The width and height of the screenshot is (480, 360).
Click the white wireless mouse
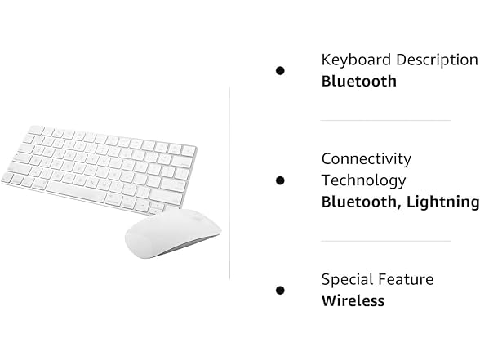[172, 233]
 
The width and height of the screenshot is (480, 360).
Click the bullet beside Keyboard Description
[280, 71]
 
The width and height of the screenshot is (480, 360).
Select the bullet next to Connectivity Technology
[280, 180]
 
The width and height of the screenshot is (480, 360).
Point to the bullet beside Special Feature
[280, 290]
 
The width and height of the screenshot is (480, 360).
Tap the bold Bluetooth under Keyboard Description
[358, 81]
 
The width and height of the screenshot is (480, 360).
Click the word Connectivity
[366, 158]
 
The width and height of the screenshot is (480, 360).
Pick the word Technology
[363, 180]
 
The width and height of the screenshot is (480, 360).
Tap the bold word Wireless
[353, 300]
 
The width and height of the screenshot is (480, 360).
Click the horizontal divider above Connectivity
[384, 121]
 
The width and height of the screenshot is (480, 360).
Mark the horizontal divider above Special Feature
[384, 241]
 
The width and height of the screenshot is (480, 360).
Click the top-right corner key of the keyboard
[189, 150]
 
